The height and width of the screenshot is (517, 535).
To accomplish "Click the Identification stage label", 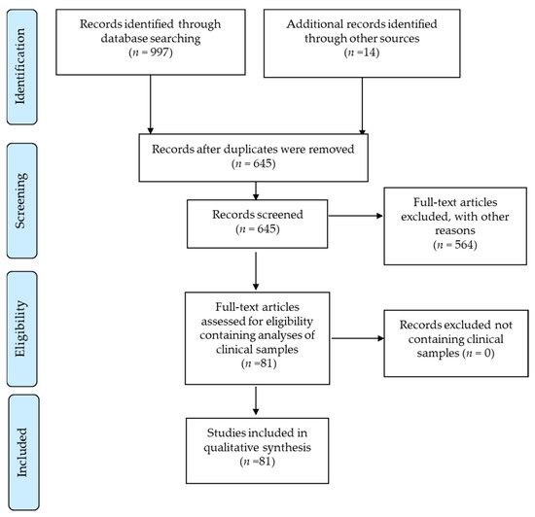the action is [20, 66].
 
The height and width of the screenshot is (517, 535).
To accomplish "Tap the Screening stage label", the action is [20, 200].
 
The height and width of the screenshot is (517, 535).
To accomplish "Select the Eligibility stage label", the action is [20, 328].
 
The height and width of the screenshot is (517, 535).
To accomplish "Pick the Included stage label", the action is [21, 452].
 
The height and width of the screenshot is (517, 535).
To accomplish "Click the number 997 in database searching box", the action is [160, 52].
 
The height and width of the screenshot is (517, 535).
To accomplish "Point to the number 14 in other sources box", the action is [369, 52].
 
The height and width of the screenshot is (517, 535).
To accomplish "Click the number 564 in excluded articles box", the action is [464, 245].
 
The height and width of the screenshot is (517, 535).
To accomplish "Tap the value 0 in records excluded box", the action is [488, 353].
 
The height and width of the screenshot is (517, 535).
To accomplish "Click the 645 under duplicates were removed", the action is [263, 163].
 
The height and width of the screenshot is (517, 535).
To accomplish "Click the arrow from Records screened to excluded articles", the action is [355, 216].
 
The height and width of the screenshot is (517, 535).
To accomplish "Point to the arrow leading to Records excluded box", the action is [358, 338].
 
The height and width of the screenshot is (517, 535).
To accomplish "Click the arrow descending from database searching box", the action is [150, 104].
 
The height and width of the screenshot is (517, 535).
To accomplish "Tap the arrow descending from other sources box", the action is [362, 106].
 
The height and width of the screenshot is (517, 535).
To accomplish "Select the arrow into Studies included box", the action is [256, 400].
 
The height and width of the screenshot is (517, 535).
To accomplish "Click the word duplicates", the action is [247, 150].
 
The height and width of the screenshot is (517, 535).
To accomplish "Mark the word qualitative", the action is [230, 447].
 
